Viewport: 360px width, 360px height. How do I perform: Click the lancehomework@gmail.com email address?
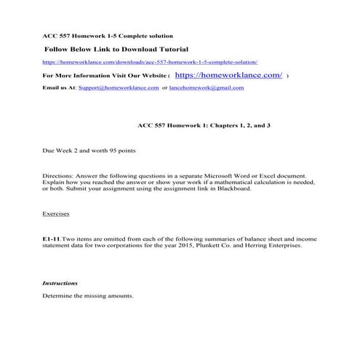pyautogui.click(x=207, y=87)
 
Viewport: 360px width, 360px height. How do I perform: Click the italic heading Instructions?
pyautogui.click(x=60, y=282)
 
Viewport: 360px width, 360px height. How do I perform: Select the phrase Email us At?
pyautogui.click(x=60, y=87)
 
